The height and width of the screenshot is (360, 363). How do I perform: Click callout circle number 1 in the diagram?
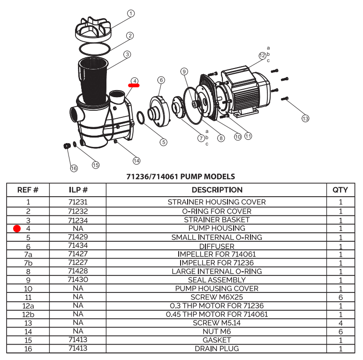(131, 14)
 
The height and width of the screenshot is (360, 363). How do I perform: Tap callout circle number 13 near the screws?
(305, 118)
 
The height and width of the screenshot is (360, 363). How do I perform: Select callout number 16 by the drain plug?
(74, 168)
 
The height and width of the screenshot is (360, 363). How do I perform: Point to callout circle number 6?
(161, 80)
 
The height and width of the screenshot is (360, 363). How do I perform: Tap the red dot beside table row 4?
(17, 229)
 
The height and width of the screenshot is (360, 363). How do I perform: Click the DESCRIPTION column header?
(217, 190)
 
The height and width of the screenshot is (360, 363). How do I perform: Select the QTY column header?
(340, 190)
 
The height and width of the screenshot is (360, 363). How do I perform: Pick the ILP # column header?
(78, 190)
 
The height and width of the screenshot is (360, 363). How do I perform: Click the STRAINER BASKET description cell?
(217, 220)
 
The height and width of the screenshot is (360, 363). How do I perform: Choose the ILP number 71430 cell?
(78, 280)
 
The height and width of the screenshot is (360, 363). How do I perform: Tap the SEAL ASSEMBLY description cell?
(217, 280)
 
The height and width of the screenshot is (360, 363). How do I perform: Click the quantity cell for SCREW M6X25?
(340, 297)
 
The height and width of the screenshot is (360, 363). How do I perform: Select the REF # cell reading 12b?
(28, 314)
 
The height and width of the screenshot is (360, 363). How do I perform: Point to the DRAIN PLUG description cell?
(217, 348)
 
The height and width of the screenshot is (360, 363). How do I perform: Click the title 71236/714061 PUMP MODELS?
(181, 177)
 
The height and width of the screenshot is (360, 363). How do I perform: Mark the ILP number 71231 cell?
(78, 202)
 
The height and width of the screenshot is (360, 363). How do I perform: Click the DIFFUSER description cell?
(217, 246)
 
